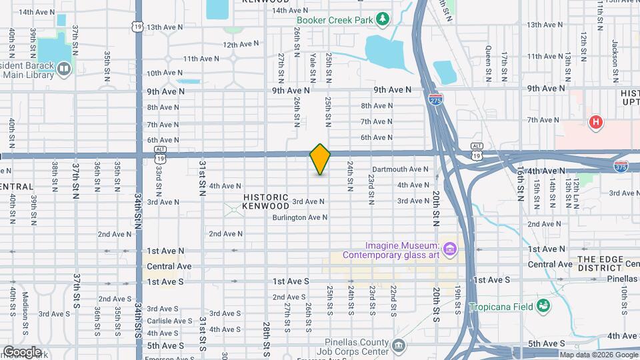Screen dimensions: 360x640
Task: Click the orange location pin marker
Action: click(320, 159)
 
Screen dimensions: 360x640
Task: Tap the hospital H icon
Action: click(596, 122)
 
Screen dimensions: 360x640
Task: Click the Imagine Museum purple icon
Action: click(450, 250)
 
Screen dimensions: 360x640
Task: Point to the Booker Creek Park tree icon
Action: click(383, 19)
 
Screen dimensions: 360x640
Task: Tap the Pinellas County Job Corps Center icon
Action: click(398, 345)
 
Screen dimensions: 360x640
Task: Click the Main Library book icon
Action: click(63, 68)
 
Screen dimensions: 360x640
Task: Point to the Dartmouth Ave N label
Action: click(400, 169)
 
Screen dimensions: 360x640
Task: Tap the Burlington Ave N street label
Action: click(299, 217)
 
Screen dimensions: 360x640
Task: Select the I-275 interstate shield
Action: click(433, 99)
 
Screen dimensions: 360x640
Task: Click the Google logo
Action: click(21, 351)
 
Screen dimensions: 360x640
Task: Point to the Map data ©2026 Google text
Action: click(598, 355)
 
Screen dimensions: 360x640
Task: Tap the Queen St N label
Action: click(488, 59)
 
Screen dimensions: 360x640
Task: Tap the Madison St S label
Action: click(25, 311)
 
